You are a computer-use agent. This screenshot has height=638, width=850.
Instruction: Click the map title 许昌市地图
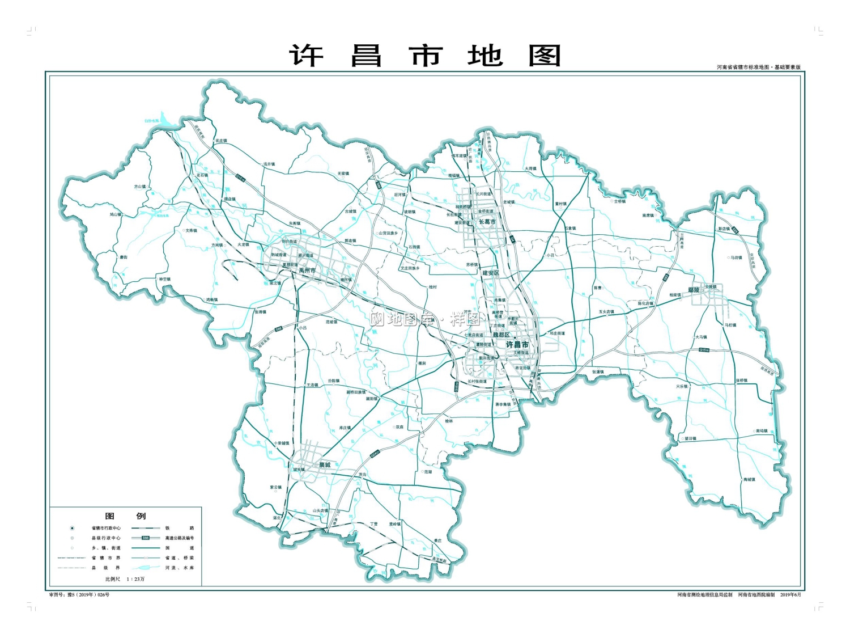425,56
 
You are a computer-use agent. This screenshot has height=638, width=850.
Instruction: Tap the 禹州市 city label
308,271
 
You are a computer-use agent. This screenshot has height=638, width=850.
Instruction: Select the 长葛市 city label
487,222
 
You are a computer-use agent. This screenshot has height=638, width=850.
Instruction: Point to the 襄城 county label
325,464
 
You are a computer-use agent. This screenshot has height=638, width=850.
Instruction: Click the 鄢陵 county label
694,290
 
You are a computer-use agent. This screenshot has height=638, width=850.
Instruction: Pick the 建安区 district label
491,273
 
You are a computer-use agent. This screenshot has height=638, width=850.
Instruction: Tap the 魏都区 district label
501,335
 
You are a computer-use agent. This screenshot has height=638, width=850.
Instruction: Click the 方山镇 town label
139,187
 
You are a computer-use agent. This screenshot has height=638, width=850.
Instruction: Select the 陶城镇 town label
749,480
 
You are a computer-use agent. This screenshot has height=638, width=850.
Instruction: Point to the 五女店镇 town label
606,311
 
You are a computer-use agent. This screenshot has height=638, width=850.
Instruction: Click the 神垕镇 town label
164,279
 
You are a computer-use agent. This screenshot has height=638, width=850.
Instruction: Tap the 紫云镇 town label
275,487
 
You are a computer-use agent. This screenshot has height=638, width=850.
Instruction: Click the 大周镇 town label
530,168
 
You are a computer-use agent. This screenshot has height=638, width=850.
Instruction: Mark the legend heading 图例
125,516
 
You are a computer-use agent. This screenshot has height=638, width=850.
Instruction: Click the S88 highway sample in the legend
146,538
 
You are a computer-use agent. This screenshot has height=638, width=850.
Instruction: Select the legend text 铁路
179,528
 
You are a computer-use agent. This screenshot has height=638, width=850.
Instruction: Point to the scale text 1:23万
136,579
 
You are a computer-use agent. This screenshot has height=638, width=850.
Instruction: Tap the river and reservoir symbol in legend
146,567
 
